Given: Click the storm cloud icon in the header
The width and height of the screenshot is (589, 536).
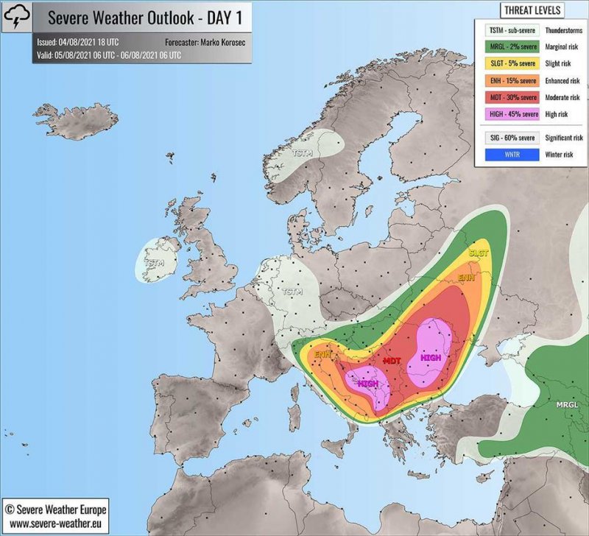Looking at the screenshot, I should (x=16, y=15).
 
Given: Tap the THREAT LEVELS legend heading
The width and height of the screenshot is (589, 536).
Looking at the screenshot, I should (x=532, y=10).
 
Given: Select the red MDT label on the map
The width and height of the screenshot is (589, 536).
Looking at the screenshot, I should (x=392, y=360).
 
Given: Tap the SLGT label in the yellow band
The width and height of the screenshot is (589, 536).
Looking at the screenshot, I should (x=478, y=253).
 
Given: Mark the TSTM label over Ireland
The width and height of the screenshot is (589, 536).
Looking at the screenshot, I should (x=154, y=262).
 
